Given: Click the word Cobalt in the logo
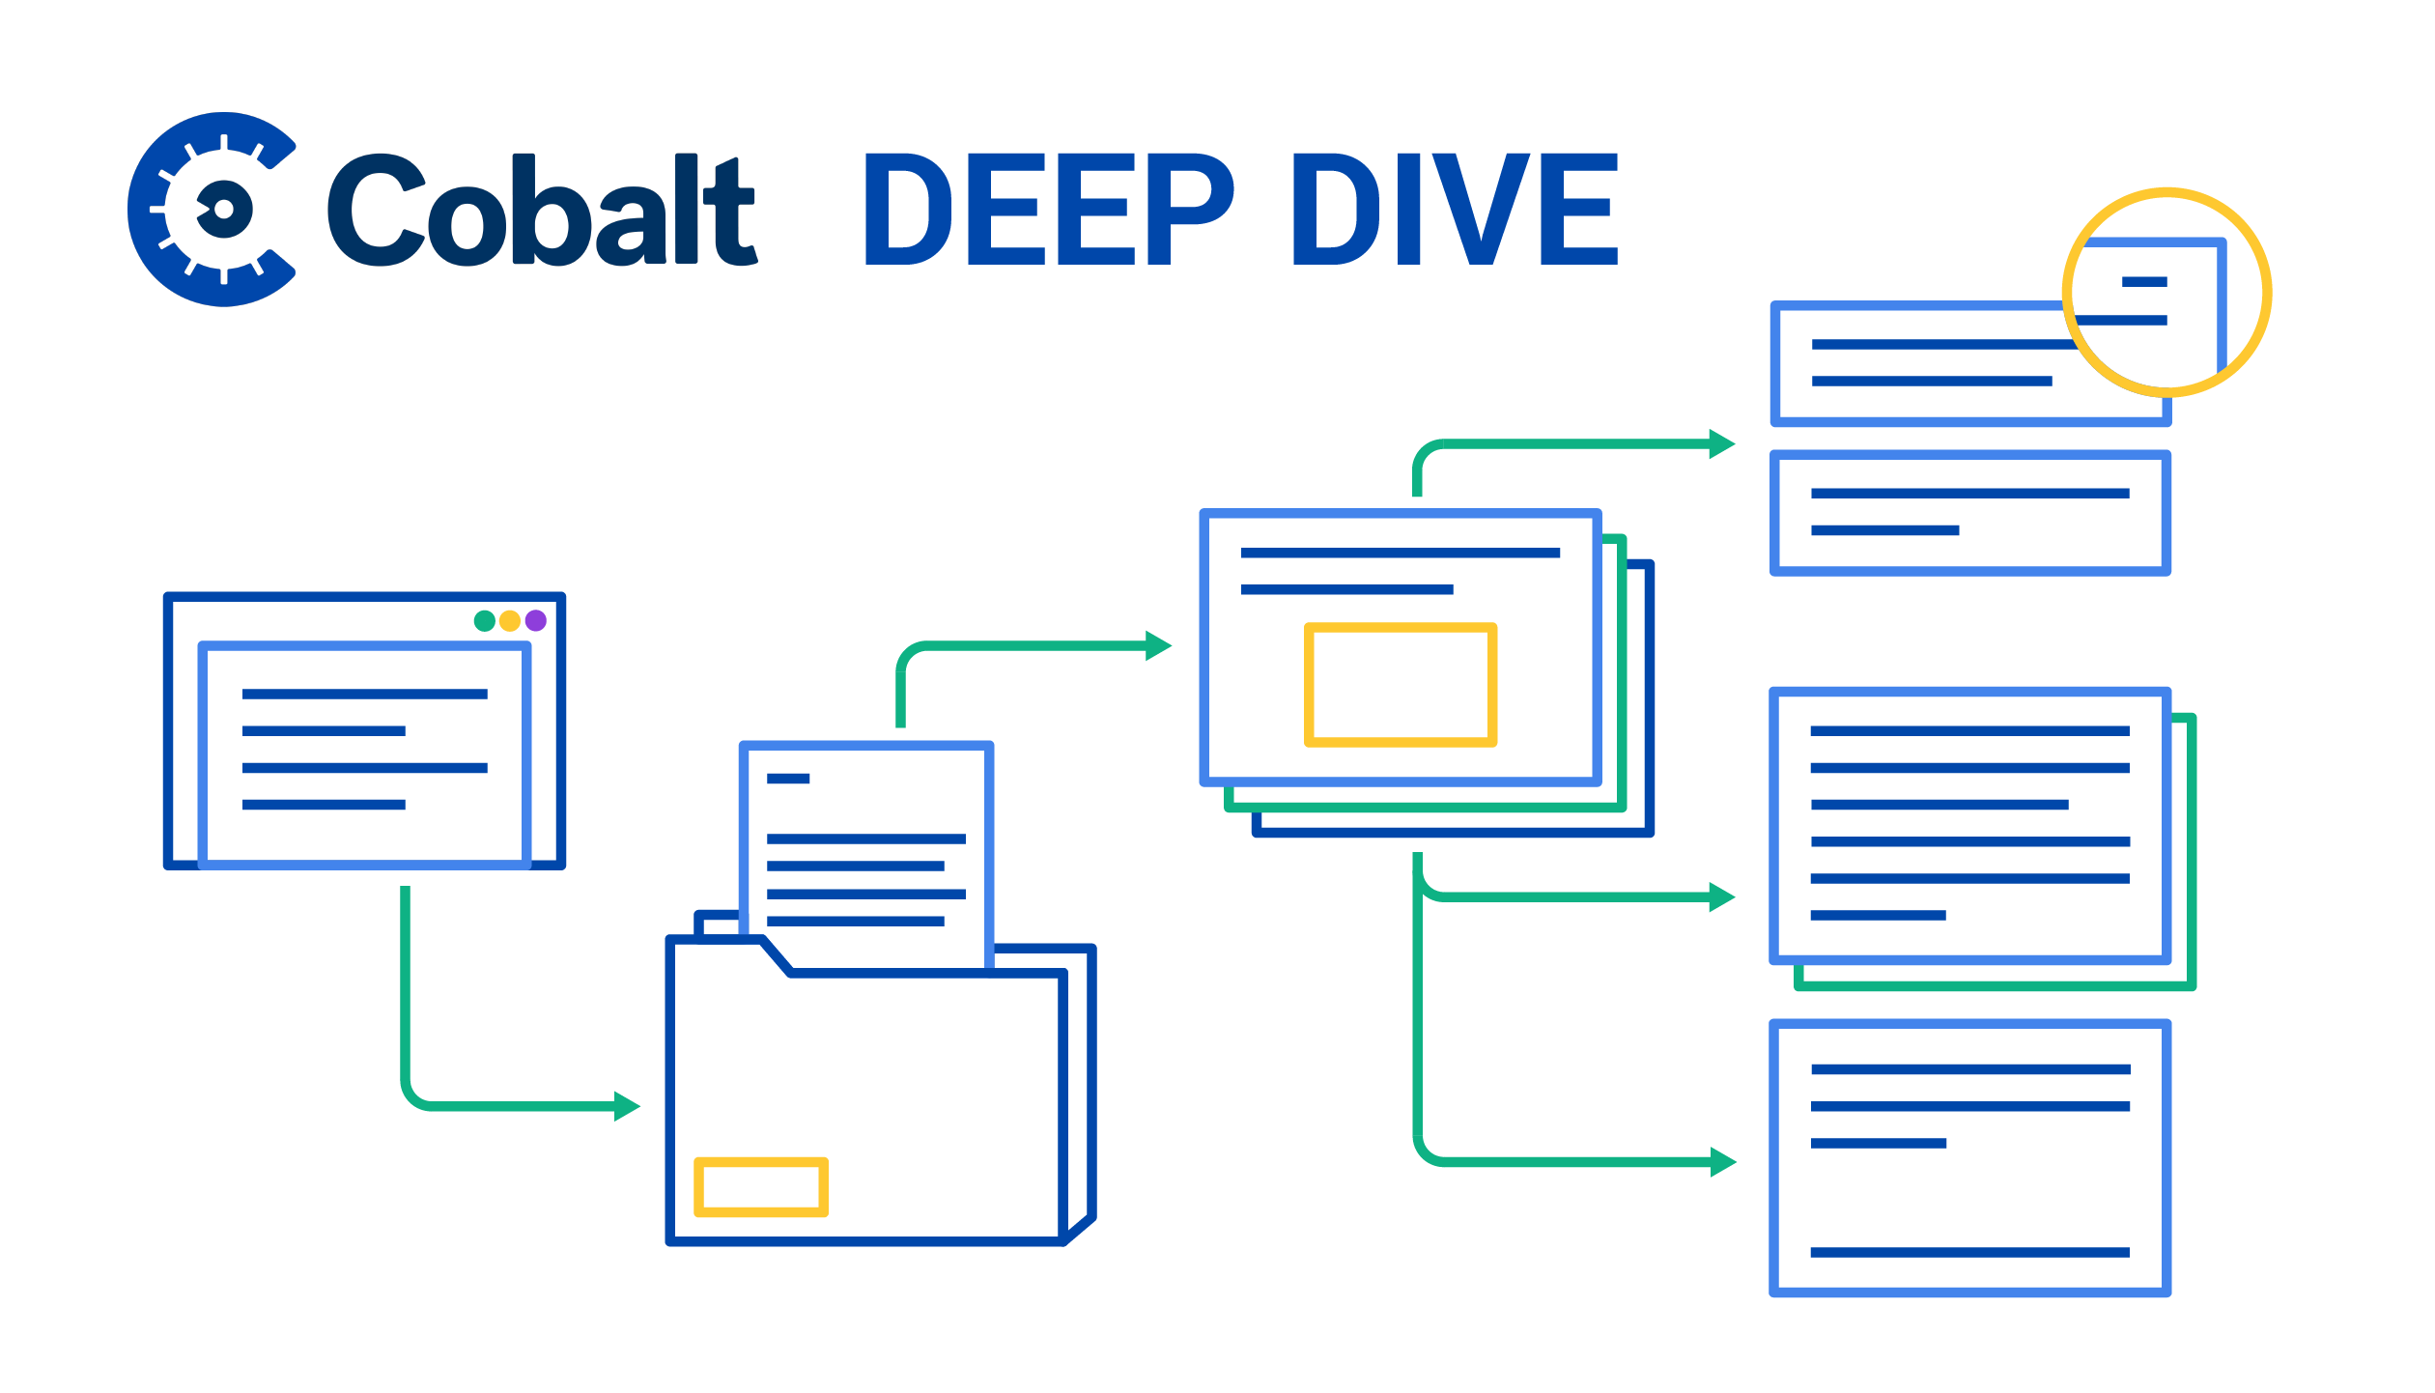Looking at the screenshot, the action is (x=543, y=209).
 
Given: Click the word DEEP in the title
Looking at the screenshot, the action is (x=1050, y=209).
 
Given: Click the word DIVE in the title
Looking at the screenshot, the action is (x=1456, y=209).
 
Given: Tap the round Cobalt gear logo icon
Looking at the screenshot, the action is (x=212, y=210).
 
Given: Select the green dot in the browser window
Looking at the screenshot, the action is (x=485, y=621).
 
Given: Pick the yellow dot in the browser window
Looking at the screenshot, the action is (x=510, y=621).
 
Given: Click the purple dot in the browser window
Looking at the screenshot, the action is (x=536, y=621).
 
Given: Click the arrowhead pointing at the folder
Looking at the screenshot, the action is (x=627, y=1106).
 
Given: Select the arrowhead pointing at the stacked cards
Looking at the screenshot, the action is (x=1158, y=645).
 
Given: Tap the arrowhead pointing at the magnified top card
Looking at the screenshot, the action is (x=1722, y=444).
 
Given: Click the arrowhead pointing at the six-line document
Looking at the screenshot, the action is (x=1722, y=897).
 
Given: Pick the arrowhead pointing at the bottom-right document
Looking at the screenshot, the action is (x=1723, y=1162).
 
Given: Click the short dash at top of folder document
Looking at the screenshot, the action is (x=788, y=779).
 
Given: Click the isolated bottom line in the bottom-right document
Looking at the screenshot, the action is (x=1970, y=1253).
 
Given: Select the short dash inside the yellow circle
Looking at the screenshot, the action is (x=2144, y=282).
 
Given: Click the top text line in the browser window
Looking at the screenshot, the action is (x=365, y=694).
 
